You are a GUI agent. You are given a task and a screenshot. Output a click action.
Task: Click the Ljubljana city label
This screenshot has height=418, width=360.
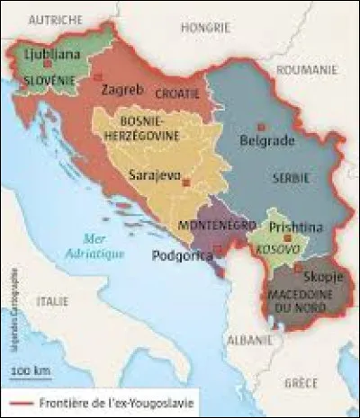tap(53, 54)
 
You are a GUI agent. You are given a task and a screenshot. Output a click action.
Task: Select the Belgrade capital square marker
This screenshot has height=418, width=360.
tap(261, 126)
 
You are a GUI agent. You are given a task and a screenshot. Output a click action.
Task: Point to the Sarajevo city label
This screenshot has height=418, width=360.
tap(153, 175)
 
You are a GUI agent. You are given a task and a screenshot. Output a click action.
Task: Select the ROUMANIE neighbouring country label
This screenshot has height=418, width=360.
tap(303, 68)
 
